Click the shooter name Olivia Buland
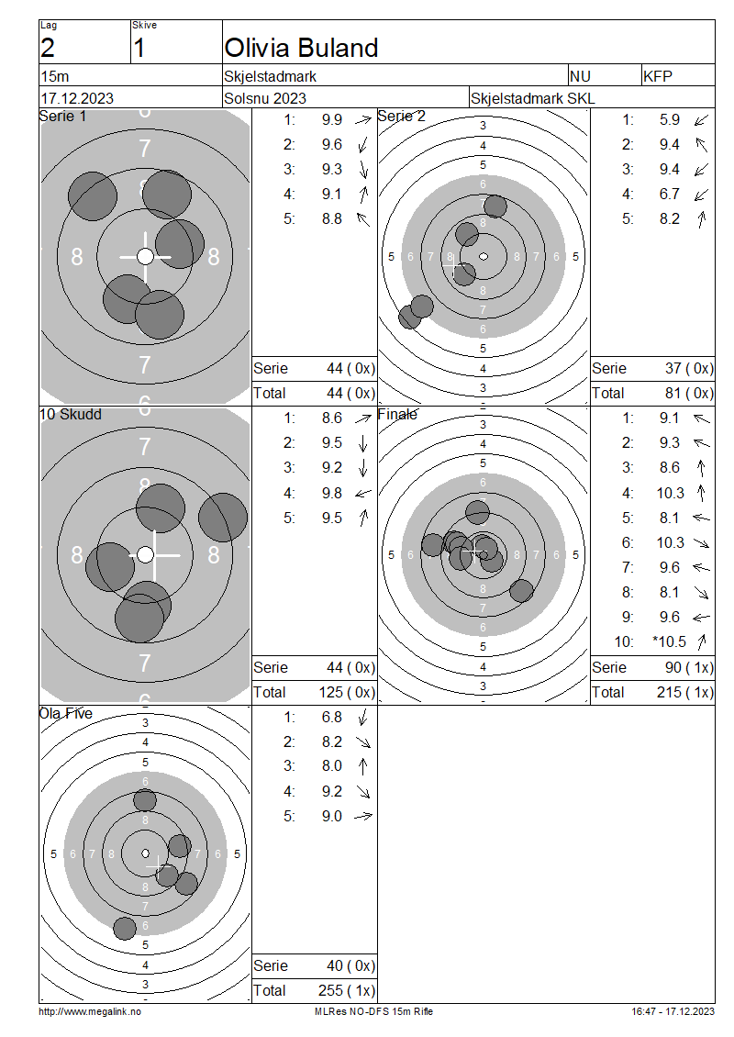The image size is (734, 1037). coord(301,49)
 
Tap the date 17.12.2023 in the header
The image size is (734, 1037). coord(77,98)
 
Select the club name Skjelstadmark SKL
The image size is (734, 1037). coord(532,98)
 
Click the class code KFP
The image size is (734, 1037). coord(657,77)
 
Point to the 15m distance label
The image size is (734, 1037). coord(55,77)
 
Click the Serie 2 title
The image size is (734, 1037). coord(401,117)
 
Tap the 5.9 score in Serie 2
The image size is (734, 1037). coord(669,119)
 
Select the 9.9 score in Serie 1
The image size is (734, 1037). coord(332,119)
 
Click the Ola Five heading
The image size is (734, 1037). coord(65,714)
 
